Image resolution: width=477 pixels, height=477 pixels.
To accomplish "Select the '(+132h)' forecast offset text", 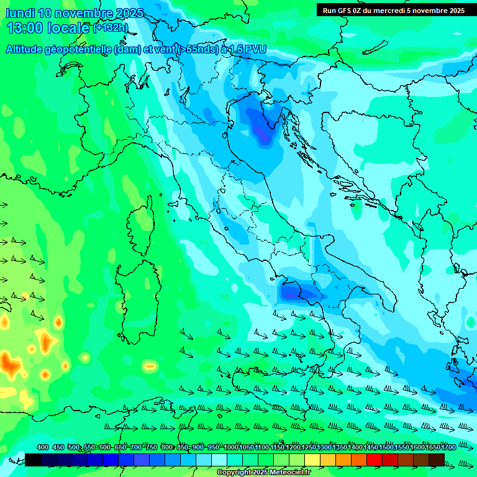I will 110,27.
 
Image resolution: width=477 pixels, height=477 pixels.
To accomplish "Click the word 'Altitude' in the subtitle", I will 24,50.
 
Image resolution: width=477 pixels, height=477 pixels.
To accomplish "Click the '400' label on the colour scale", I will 42,447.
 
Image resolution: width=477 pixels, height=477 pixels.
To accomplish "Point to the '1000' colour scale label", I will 231,447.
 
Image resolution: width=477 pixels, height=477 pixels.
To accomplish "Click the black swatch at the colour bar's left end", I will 33,460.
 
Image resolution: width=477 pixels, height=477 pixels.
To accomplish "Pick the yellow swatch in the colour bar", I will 312,460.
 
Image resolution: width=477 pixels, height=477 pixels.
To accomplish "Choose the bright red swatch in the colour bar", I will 375,460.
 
